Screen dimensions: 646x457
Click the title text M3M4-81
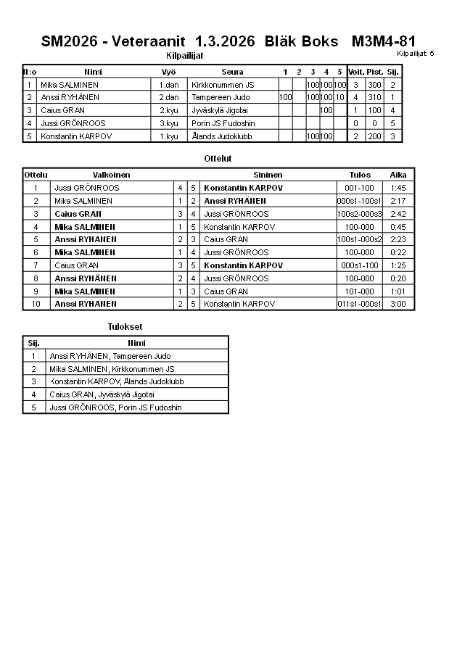[x=383, y=41]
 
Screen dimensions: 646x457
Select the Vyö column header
[x=168, y=72]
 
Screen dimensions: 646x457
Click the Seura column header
[x=232, y=72]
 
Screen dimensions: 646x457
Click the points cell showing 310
[x=374, y=97]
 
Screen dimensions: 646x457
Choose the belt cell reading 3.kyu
[x=168, y=123]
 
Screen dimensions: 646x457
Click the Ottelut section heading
[x=218, y=158]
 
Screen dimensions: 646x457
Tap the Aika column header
[x=398, y=175]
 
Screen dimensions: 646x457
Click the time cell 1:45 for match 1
[x=398, y=188]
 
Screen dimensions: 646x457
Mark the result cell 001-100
[x=360, y=188]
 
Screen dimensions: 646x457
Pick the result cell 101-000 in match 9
[x=360, y=291]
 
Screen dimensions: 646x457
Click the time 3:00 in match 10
[x=398, y=304]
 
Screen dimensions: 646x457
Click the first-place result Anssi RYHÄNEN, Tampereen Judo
[x=110, y=356]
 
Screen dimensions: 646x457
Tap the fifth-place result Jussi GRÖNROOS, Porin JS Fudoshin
[x=115, y=407]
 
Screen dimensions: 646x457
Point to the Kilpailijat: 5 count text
[x=416, y=54]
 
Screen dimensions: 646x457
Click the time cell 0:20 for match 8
[x=398, y=278]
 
